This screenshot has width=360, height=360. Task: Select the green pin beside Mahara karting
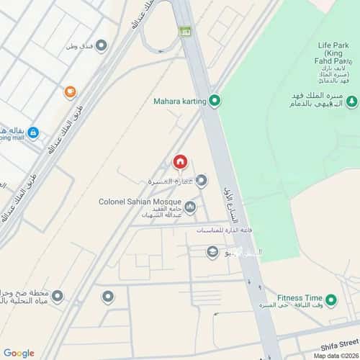coord(214,102)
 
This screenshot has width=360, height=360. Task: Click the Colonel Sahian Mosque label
coord(140,202)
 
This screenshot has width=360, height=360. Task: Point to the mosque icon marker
coord(190,207)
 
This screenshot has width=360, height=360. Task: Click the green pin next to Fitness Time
coord(330,300)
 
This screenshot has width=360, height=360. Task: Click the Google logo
coord(19,353)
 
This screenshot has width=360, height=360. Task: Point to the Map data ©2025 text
coord(335,356)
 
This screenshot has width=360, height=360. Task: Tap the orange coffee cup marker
coord(70,92)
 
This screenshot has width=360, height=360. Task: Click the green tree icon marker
coord(351,102)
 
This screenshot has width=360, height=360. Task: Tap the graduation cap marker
coord(212,251)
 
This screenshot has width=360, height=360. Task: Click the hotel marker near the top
coord(102,46)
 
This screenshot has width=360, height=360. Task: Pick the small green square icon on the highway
coord(185,31)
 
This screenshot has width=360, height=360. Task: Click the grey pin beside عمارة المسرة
coord(202,180)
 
